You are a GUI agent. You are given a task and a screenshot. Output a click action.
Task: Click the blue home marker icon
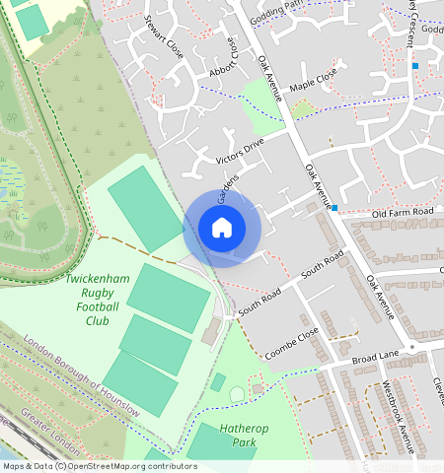[222, 229]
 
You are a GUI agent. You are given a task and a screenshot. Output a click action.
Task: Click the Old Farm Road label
[403, 213]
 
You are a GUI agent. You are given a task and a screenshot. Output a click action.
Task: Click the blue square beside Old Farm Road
[335, 208]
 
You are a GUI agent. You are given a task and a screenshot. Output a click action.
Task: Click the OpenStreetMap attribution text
[100, 466]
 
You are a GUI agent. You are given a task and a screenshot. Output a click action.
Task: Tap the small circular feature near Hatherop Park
[237, 395]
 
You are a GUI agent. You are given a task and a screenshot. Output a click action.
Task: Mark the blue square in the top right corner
[416, 66]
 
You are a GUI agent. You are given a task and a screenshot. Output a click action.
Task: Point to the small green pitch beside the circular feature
[218, 381]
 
